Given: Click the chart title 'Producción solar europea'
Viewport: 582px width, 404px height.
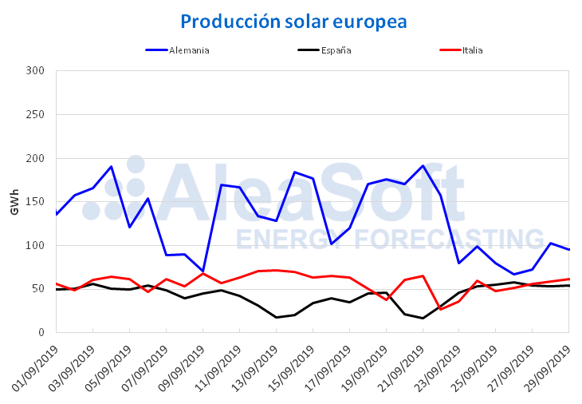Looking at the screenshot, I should tap(293, 21).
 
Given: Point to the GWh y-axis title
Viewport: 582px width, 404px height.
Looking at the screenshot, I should tap(15, 201).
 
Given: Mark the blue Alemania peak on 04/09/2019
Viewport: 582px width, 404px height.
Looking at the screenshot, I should tap(111, 167).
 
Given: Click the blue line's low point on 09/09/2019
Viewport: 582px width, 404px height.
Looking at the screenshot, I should tap(203, 271).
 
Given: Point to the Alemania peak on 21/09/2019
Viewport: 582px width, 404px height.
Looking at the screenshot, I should tap(423, 166).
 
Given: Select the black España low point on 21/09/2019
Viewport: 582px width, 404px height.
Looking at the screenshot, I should tap(423, 319).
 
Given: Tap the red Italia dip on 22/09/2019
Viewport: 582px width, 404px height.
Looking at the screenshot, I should tap(441, 309).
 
